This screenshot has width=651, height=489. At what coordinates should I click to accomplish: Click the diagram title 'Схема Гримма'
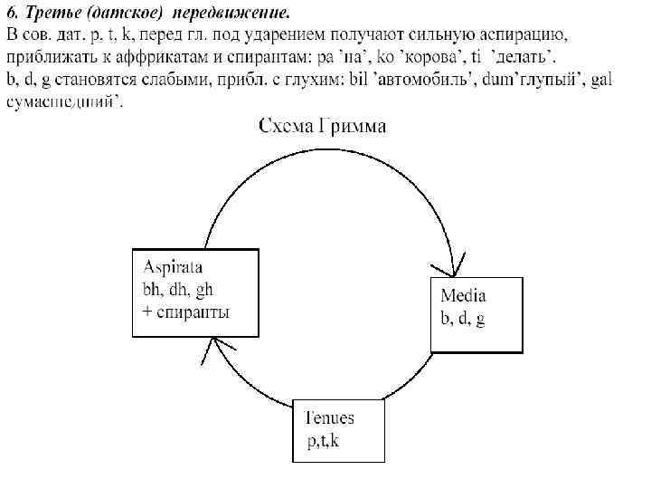(x=322, y=126)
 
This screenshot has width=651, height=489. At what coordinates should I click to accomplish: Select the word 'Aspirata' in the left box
(x=173, y=267)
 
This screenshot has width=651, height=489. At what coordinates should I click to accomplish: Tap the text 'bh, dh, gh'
(x=178, y=290)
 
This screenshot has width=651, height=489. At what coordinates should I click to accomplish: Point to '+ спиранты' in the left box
(x=186, y=312)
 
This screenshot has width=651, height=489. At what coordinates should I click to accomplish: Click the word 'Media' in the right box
(x=463, y=295)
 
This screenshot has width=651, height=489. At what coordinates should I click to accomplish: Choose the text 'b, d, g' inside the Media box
(x=462, y=319)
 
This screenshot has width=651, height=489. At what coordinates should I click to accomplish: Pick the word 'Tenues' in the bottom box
(x=329, y=418)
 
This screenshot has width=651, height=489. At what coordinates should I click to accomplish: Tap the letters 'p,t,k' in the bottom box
(x=323, y=441)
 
